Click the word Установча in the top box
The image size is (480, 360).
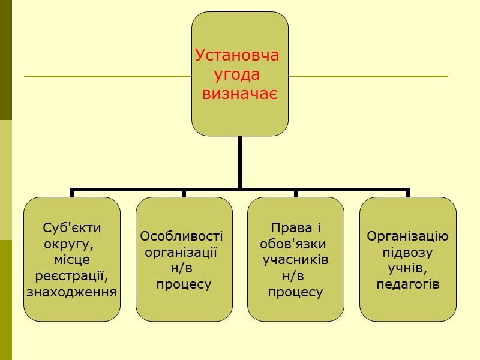click(x=238, y=56)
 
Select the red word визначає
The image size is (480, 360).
click(x=240, y=94)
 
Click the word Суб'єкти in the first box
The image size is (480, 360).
click(x=72, y=228)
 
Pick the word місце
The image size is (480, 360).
click(x=72, y=260)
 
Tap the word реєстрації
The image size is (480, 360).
click(x=72, y=276)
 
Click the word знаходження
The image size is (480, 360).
click(x=72, y=292)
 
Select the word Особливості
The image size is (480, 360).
click(x=181, y=236)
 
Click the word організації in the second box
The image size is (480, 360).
click(x=181, y=252)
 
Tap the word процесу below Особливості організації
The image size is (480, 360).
click(x=184, y=284)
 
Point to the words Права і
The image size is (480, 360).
click(x=296, y=228)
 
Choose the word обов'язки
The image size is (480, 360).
click(x=293, y=244)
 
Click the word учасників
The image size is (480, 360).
click(x=296, y=260)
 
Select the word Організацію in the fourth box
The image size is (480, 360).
click(x=408, y=236)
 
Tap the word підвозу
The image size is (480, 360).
click(x=408, y=252)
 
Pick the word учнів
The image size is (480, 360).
click(x=408, y=268)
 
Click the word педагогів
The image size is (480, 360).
click(x=408, y=284)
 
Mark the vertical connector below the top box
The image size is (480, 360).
click(x=239, y=162)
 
